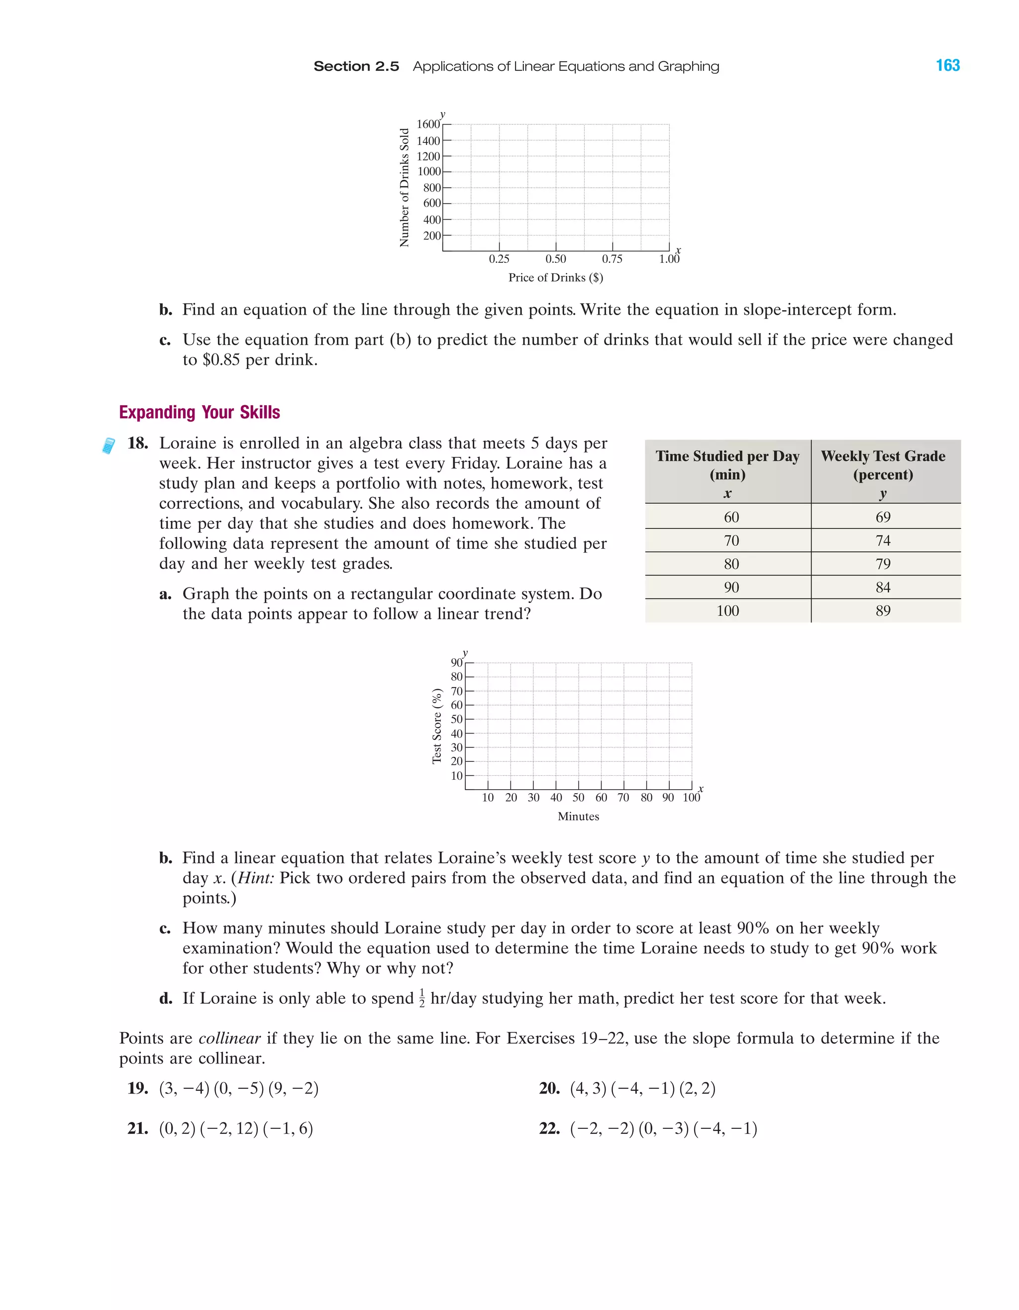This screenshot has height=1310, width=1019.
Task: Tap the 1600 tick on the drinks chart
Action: [x=428, y=124]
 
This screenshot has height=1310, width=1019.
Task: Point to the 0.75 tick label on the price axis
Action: [x=612, y=259]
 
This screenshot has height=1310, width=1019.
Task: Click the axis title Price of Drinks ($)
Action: [x=556, y=278]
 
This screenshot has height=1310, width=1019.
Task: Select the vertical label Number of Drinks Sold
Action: [x=405, y=187]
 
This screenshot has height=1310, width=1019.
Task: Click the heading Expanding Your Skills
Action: [x=200, y=412]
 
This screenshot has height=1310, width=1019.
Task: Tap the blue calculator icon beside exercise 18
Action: [x=108, y=446]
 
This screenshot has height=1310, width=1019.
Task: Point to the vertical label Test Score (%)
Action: [x=437, y=726]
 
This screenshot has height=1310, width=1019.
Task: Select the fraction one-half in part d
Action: [x=422, y=999]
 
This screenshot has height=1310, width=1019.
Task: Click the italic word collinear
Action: [x=229, y=1038]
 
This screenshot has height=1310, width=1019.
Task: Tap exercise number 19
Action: [x=137, y=1088]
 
